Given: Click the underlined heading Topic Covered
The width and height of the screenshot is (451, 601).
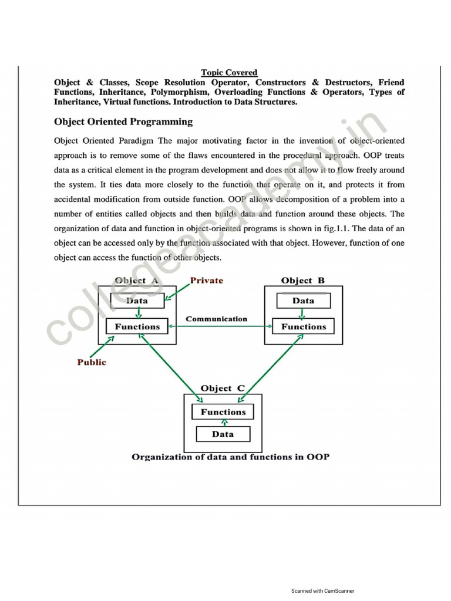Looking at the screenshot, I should coord(229,73).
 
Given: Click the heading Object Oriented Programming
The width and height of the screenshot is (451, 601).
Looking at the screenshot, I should coord(123,122).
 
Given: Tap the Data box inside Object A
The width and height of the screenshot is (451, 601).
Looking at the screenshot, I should coord(137,300).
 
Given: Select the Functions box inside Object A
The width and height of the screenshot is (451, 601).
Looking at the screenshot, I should coord(137,326).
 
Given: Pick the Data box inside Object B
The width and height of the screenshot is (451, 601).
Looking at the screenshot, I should coord(303,300).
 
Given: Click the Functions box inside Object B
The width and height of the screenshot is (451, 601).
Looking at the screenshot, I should coord(303,326).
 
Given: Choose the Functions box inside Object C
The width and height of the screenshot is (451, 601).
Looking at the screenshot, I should coord(223,412).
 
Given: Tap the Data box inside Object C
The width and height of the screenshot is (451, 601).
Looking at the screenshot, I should coord(223,434).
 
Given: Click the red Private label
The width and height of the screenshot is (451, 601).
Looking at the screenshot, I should coord(207,281).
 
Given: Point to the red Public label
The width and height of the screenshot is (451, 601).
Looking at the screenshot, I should coord(92,362).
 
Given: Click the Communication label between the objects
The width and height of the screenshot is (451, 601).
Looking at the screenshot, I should coord(217,319).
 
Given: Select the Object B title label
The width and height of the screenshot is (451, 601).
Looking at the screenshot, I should coord(303,281).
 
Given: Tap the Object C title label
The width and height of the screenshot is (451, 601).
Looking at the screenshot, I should coord(223,389).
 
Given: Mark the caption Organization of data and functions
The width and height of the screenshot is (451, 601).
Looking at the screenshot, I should coord(230,457).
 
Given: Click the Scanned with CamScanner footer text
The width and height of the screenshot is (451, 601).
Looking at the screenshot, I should coord(322,591).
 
